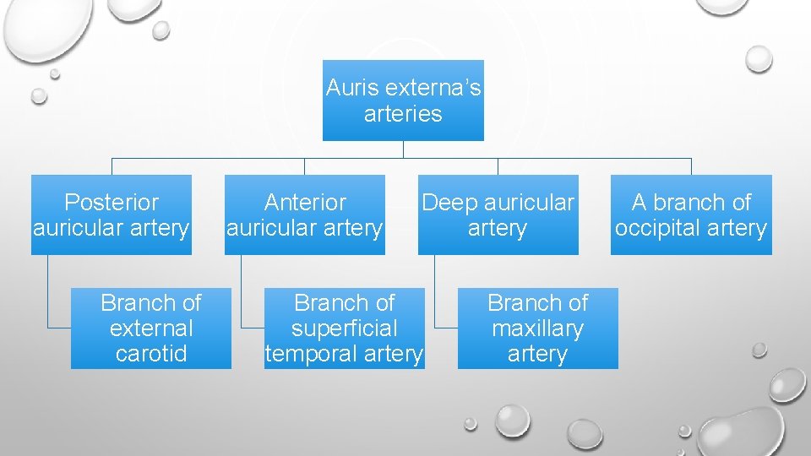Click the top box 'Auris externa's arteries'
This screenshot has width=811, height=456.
point(403,100)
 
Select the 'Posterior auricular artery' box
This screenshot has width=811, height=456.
point(112,214)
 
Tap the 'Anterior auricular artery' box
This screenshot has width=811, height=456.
point(304,214)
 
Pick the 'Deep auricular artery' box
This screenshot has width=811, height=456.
point(498,214)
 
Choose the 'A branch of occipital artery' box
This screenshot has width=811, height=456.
point(691,214)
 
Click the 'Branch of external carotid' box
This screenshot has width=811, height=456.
point(150,328)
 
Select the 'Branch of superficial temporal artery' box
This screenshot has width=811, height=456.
point(344,328)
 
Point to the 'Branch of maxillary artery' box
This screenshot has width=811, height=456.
point(537,328)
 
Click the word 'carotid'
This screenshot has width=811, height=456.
point(151,354)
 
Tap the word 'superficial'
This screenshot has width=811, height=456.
point(344,328)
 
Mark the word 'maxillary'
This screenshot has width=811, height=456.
point(537,328)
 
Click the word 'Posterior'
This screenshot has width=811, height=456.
point(112,203)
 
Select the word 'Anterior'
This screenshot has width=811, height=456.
point(305,203)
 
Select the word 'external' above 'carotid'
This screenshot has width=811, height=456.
point(151,328)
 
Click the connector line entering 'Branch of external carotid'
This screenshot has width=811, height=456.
point(59,327)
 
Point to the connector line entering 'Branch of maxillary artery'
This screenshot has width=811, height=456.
point(446,327)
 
